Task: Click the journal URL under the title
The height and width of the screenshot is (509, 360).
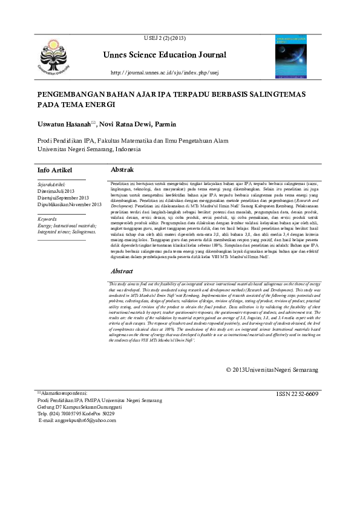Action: coord(164,73)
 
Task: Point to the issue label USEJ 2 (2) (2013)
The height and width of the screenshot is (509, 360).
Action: coord(165,38)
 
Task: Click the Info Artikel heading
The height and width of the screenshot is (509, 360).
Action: coord(57,170)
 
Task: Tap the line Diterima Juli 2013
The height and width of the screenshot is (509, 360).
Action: coord(58,190)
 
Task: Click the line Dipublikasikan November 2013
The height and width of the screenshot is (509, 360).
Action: coord(70,205)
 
